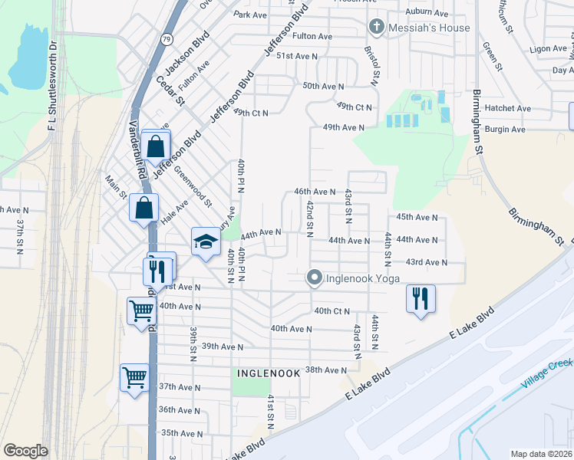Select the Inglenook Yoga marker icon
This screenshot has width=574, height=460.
coord(314,278)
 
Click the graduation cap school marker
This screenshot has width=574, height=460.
coord(205,242)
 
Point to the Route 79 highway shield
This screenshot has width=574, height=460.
coord(167,38)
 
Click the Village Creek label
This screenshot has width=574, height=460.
coord(547,373)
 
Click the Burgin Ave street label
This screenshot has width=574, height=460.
coord(507,130)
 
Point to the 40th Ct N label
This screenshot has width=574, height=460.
coord(332,311)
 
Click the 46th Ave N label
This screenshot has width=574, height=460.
coord(315,192)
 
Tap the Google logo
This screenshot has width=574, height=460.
coord(25,451)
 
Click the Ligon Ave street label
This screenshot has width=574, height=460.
coord(548,48)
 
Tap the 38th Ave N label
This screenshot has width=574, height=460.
coord(326,370)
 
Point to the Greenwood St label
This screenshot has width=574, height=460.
coord(193,187)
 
